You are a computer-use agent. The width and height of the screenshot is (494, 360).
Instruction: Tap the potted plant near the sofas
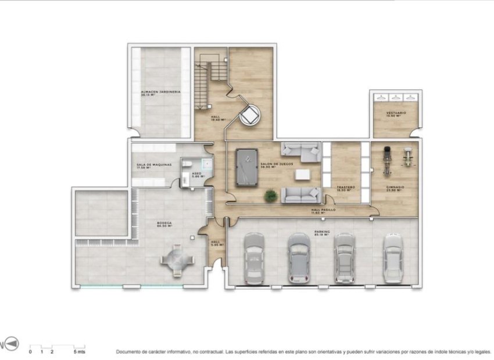coord(270,196)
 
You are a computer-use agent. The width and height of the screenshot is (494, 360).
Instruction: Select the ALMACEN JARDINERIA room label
coord(160,93)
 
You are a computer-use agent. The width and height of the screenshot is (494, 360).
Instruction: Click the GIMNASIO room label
coord(395,188)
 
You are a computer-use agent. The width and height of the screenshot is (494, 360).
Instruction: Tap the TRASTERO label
coord(346,189)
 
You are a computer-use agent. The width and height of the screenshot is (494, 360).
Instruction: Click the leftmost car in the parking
coord(254,258)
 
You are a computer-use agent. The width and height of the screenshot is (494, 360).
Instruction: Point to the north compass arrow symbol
coord(12,344)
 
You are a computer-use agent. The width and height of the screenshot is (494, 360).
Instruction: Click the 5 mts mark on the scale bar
coord(80,352)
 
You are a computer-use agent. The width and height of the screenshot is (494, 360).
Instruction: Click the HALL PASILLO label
coord(324,210)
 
